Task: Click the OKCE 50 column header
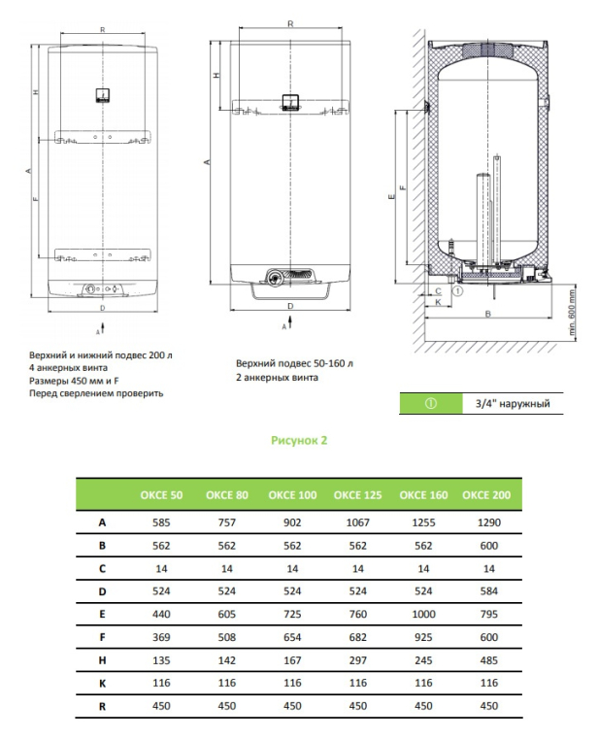point(163,495)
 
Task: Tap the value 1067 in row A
point(354,522)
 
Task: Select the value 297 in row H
point(354,661)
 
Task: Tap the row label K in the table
point(102,685)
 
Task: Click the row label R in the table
point(102,708)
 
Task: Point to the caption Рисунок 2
point(299,440)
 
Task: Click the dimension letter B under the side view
point(486,314)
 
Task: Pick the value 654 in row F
point(291,638)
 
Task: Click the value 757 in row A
point(227,522)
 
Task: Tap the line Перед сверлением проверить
point(96,393)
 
